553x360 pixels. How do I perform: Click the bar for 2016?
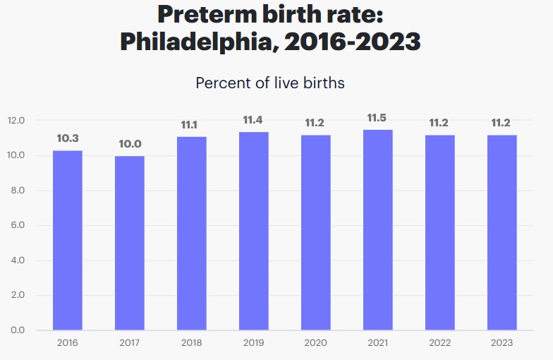coord(68,240)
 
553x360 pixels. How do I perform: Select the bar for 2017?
coord(130,243)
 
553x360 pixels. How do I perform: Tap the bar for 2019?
coord(253,231)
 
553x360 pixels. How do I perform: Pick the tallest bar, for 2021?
coord(377,229)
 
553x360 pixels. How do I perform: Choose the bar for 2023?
coord(502,232)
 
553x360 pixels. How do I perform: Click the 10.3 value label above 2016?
coord(68,138)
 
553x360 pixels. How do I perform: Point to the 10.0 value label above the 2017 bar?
coord(130,144)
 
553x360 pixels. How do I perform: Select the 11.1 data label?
coord(189,125)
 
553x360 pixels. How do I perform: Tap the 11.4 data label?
coord(253,120)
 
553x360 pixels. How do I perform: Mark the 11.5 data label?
coord(377,117)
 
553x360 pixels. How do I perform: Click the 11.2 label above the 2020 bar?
coord(315,123)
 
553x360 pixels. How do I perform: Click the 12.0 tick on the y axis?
coord(16,121)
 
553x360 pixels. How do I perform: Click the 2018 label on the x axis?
coord(191,343)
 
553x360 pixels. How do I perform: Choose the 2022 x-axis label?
coord(439,343)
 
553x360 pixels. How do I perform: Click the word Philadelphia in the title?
coord(200,42)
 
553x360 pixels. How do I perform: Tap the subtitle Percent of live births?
coord(270,83)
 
